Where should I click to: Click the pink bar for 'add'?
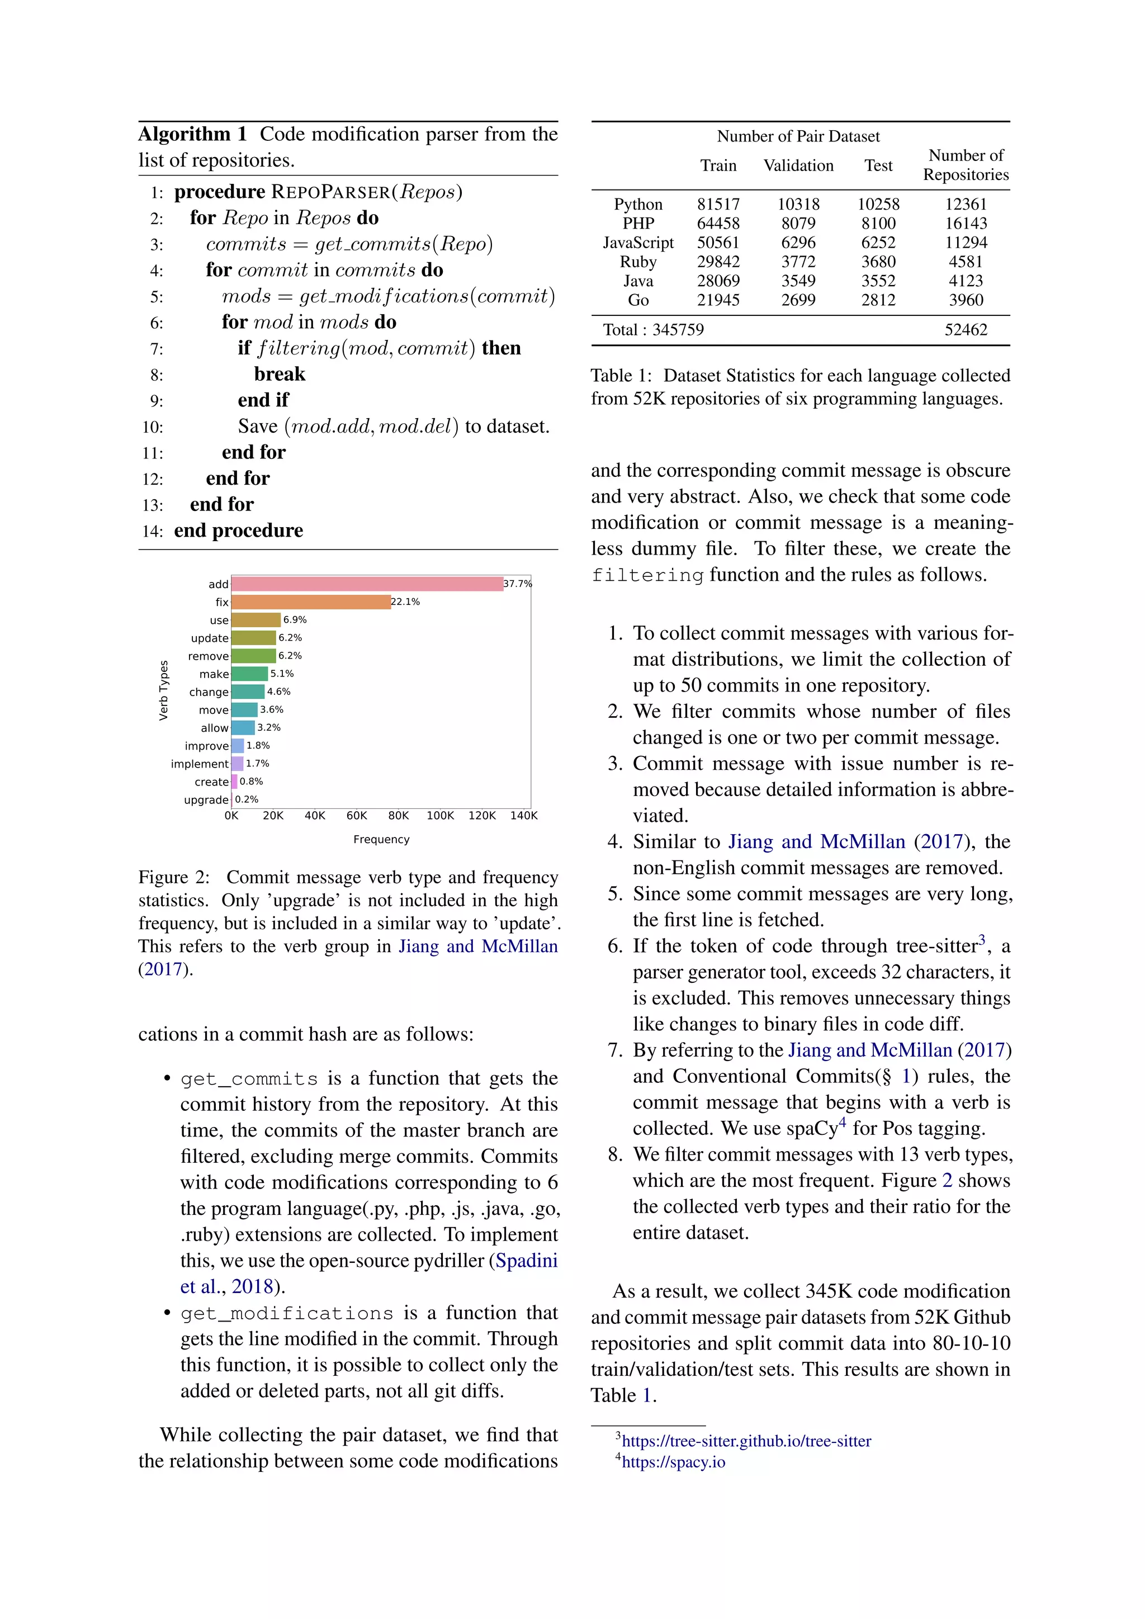(367, 584)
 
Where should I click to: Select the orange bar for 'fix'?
(310, 602)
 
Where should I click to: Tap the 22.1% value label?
(405, 602)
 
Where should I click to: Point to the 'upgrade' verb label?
(206, 799)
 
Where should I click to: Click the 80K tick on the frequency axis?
(399, 816)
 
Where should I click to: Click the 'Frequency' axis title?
(381, 839)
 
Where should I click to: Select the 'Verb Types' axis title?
(164, 690)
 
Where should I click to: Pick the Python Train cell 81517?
(718, 205)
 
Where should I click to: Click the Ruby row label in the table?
(638, 262)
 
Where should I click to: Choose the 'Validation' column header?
(798, 165)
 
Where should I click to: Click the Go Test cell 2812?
(878, 300)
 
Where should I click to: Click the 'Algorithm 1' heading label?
(192, 134)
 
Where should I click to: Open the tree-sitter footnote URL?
(746, 1441)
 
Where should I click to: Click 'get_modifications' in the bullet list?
(286, 1314)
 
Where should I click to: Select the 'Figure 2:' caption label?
(173, 877)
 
